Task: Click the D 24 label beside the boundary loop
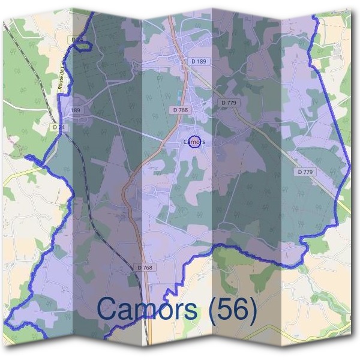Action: click(x=76, y=40)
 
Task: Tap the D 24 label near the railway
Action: click(x=58, y=127)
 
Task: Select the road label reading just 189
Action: click(x=75, y=110)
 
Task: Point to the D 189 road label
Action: click(x=199, y=61)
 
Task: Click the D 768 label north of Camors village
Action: click(x=180, y=110)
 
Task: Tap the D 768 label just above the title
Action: click(x=145, y=267)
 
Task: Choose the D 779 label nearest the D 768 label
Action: click(x=229, y=103)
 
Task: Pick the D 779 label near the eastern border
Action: click(x=305, y=172)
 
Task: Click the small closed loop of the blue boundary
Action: click(x=81, y=46)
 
